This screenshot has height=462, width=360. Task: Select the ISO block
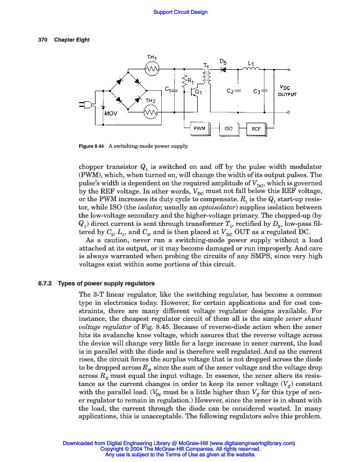pyautogui.click(x=229, y=129)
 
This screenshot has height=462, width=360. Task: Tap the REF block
pyautogui.click(x=256, y=129)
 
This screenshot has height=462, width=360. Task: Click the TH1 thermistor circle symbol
pyautogui.click(x=152, y=68)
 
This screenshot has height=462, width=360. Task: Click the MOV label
pyautogui.click(x=111, y=114)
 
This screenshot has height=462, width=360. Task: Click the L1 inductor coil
pyautogui.click(x=251, y=68)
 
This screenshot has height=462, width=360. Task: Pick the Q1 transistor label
pyautogui.click(x=198, y=92)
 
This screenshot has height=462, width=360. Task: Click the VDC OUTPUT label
pyautogui.click(x=287, y=91)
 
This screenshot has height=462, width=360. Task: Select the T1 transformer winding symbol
pyautogui.click(x=208, y=76)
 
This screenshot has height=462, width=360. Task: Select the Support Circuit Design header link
pyautogui.click(x=180, y=12)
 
